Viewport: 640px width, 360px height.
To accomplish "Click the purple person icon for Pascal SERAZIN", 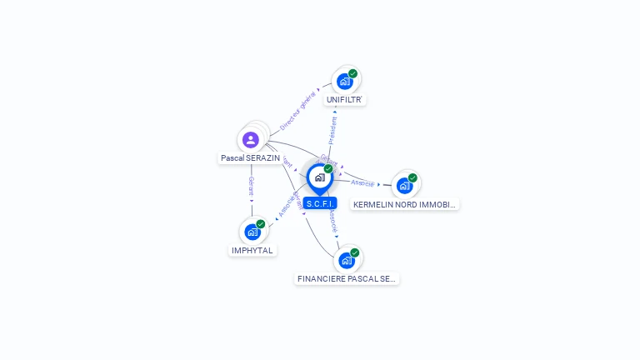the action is [x=251, y=139].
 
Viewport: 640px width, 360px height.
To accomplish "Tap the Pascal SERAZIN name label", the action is [x=250, y=157].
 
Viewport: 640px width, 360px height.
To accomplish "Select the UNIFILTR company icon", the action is [x=343, y=82].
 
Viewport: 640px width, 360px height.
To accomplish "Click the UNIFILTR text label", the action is [x=345, y=100].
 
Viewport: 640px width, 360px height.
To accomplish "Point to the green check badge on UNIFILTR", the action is [x=352, y=73].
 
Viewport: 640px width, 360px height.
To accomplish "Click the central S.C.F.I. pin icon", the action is [x=319, y=177].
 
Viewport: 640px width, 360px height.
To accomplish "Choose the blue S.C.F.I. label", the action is [x=320, y=203].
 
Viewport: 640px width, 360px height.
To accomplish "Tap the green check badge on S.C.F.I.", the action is [x=328, y=168].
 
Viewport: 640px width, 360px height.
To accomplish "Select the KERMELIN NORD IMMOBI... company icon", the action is [x=404, y=185].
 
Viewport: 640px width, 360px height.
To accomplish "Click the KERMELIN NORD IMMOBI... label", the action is [x=405, y=204].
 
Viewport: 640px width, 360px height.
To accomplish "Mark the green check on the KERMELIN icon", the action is [x=412, y=177].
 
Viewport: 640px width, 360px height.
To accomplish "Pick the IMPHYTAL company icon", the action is [x=252, y=232].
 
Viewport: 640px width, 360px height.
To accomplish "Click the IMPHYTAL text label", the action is [x=252, y=250].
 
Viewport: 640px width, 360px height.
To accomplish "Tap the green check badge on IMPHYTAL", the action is [x=261, y=223].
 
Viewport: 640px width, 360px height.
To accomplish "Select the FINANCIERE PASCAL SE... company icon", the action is [x=346, y=260].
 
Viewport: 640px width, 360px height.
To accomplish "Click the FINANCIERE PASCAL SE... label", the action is [x=347, y=279].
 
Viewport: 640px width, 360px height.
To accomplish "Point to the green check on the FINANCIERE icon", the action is [x=355, y=252].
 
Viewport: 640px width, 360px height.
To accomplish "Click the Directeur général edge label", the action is [x=297, y=110].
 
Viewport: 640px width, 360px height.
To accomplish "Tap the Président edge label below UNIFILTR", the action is [x=332, y=129].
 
